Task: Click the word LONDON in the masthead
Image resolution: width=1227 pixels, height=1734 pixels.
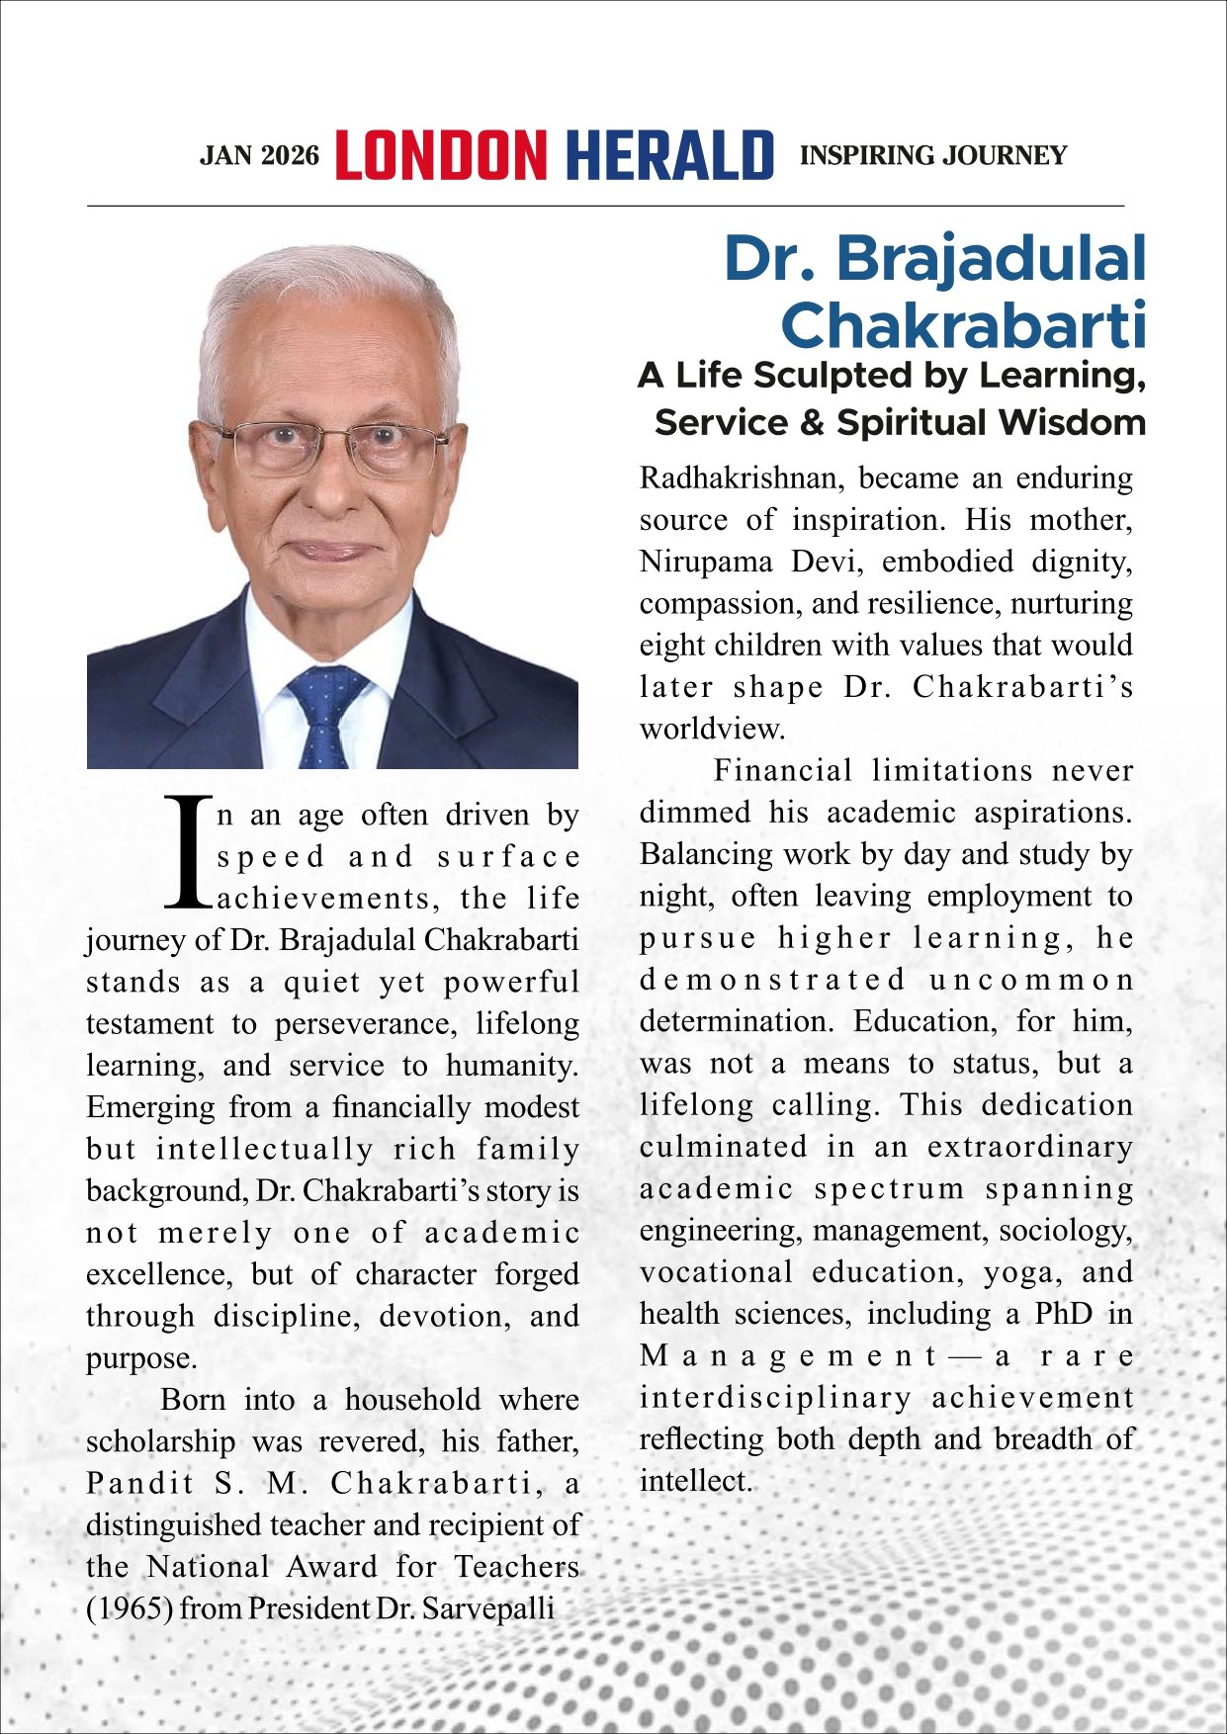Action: click(x=440, y=155)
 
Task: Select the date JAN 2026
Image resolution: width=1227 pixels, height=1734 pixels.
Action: click(x=259, y=156)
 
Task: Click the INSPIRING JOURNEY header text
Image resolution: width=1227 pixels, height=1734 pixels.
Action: click(x=932, y=155)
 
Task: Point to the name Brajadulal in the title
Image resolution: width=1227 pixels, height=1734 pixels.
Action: click(x=991, y=259)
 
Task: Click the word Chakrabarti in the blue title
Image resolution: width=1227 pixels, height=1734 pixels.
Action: click(x=963, y=324)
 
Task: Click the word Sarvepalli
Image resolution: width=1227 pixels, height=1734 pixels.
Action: click(x=488, y=1608)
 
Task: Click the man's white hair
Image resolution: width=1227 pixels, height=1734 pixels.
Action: click(x=326, y=297)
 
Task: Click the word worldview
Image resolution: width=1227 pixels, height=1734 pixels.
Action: click(x=712, y=730)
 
